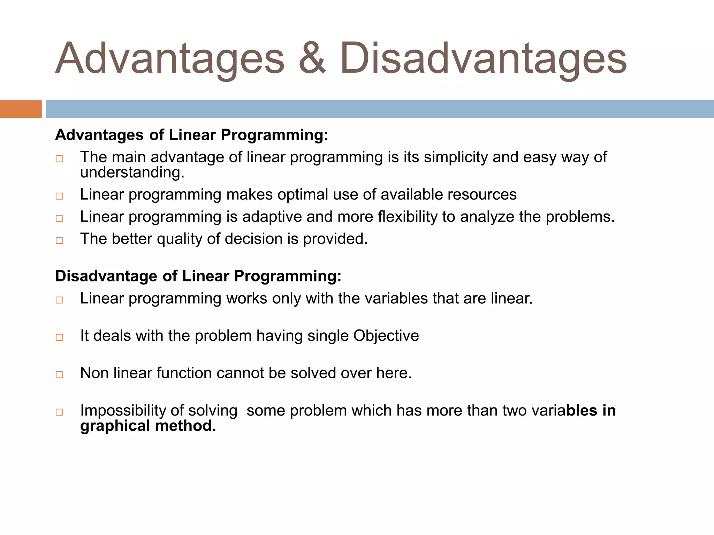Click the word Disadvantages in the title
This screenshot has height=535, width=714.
483,59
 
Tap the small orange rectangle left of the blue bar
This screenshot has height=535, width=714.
21,109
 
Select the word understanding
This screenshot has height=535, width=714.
132,173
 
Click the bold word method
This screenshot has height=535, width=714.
185,426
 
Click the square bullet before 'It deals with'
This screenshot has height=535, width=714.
59,337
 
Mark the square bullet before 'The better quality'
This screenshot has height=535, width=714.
59,240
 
